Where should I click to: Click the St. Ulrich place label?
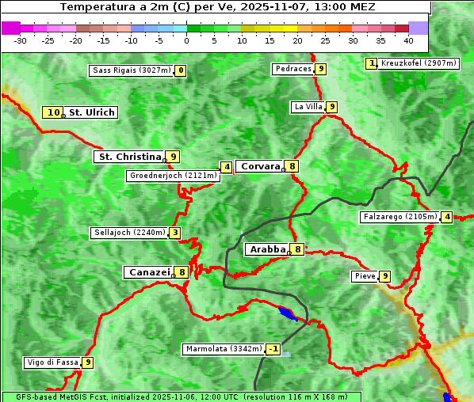tap(91, 112)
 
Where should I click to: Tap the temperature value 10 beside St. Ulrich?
tap(53, 112)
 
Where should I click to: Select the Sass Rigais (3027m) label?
tap(131, 70)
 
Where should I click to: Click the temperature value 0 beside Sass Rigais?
tap(181, 70)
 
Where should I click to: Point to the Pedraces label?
tap(293, 69)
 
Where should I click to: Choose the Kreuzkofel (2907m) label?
tap(418, 63)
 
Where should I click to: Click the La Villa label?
tap(308, 107)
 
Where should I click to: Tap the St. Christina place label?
tap(128, 157)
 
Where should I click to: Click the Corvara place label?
tap(260, 166)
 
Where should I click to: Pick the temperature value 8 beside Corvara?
tap(292, 166)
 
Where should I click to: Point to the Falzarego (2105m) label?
tap(399, 217)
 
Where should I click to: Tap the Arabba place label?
tap(267, 249)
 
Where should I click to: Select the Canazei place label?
tap(148, 272)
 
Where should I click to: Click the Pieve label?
tap(365, 276)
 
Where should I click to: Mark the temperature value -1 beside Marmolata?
tap(273, 349)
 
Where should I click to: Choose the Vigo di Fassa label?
tap(52, 362)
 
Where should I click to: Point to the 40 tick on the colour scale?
tap(408, 40)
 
